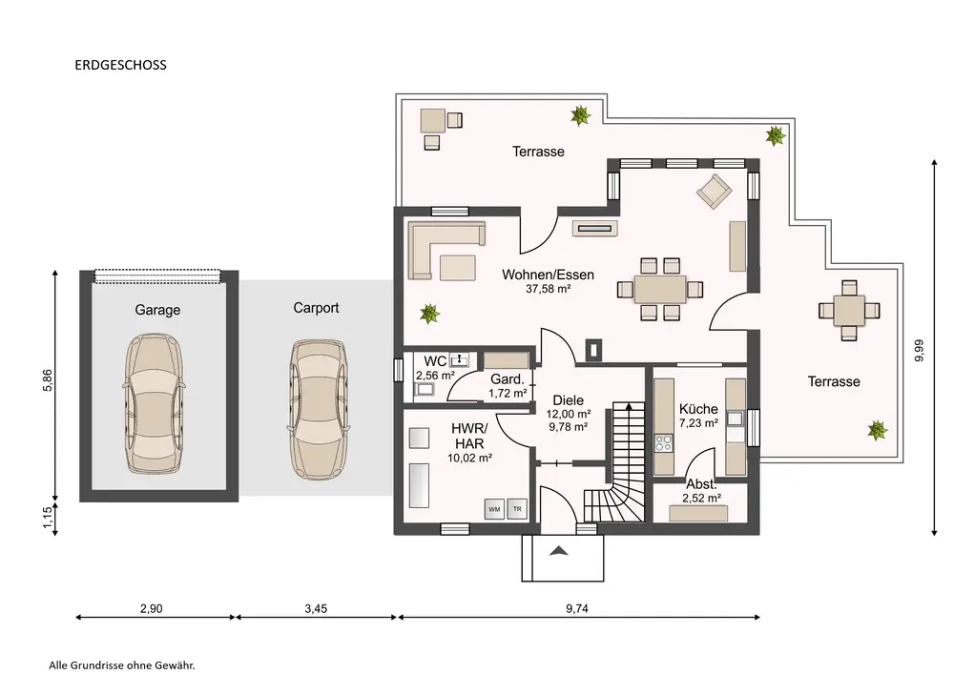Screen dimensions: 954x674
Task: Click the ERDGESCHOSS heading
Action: pyautogui.click(x=120, y=65)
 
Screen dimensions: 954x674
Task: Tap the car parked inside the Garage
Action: pyautogui.click(x=156, y=403)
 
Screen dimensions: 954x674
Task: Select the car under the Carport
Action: pyautogui.click(x=318, y=410)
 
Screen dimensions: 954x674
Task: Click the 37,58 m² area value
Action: pyautogui.click(x=549, y=289)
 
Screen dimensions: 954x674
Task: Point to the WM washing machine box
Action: pyautogui.click(x=494, y=509)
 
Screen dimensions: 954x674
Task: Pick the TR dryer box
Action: pyautogui.click(x=517, y=509)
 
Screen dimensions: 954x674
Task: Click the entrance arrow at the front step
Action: pyautogui.click(x=559, y=551)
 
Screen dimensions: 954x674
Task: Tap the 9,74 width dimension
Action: pyautogui.click(x=577, y=608)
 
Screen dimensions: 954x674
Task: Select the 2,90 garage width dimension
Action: pyautogui.click(x=151, y=608)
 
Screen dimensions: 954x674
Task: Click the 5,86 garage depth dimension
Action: pyautogui.click(x=49, y=380)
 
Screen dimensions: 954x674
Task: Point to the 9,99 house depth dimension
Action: pyautogui.click(x=920, y=351)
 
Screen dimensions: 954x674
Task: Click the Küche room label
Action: pyautogui.click(x=698, y=409)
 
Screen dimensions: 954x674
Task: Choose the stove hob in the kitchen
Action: pyautogui.click(x=664, y=443)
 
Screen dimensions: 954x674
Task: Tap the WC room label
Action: pyautogui.click(x=435, y=361)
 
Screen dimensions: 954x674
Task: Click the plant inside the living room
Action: pyautogui.click(x=429, y=314)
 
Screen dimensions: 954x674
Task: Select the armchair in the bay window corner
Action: pyautogui.click(x=715, y=192)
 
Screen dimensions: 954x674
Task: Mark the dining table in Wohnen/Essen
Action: pyautogui.click(x=660, y=289)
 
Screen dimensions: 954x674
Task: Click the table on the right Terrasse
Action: pyautogui.click(x=849, y=311)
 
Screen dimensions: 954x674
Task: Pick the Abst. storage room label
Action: pyautogui.click(x=701, y=484)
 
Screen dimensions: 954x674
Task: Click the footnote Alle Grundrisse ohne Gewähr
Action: pyautogui.click(x=122, y=665)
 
